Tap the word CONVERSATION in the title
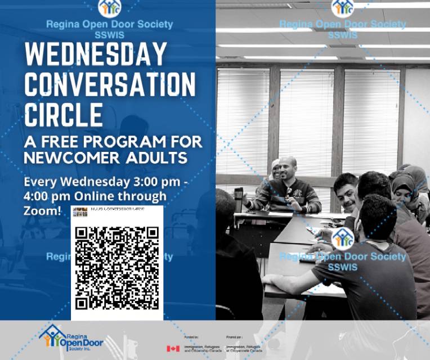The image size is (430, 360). click(x=110, y=84)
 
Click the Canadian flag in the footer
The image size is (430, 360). click(x=173, y=348)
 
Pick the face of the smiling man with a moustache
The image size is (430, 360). click(x=346, y=192)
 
